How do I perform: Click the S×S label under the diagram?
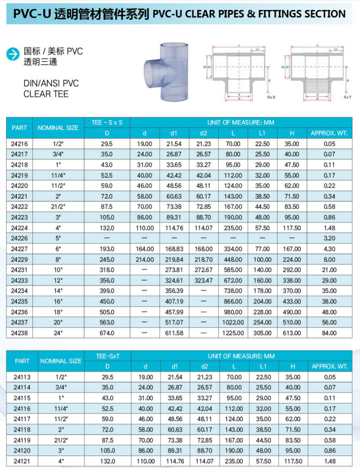(x=271, y=97)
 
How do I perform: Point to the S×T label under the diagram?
(x=347, y=97)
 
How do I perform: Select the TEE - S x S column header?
(x=107, y=122)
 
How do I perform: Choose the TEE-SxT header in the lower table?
(x=107, y=356)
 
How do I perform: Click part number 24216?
(x=19, y=144)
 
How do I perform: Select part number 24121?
(x=22, y=462)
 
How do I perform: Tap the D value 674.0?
(x=107, y=333)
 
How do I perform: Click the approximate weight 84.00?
(x=329, y=333)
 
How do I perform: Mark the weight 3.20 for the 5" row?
(x=329, y=238)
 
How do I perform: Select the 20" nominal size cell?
(x=58, y=322)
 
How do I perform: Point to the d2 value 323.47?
(x=203, y=280)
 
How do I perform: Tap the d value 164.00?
(x=145, y=249)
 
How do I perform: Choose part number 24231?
(x=19, y=270)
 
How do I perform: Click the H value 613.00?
(x=292, y=333)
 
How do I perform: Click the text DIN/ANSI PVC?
(x=51, y=83)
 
